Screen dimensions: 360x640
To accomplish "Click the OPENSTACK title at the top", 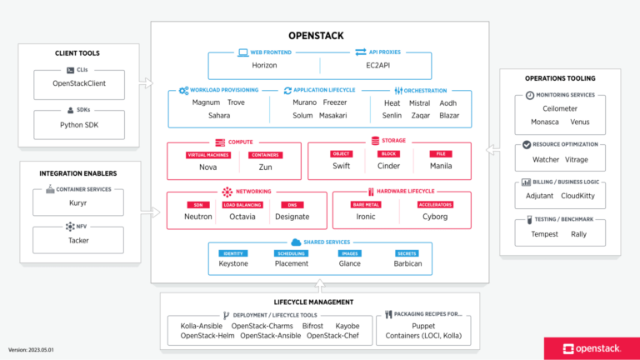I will click(320, 36).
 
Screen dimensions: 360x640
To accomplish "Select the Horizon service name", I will click(264, 65).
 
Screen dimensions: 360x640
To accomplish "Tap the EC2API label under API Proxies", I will click(376, 65).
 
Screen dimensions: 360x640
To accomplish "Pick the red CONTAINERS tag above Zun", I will click(264, 154).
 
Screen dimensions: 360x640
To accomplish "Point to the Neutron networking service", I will click(197, 217).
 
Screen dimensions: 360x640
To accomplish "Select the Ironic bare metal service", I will click(367, 217).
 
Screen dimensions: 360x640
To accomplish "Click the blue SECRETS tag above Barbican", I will click(407, 252).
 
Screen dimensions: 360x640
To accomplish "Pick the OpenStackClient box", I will click(79, 83).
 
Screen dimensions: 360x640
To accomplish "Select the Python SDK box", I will click(79, 125).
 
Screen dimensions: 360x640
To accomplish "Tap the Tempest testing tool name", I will click(545, 234).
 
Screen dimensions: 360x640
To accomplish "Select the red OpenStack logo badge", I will click(592, 348).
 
